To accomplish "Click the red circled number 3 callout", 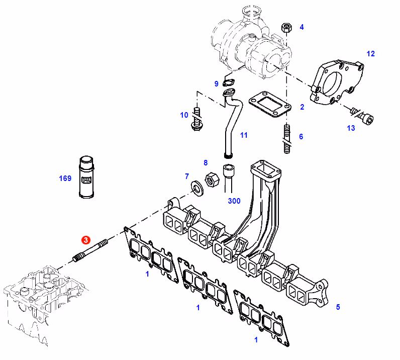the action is point(86,240).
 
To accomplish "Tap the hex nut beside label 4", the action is point(286,27).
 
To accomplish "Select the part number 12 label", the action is point(370,54).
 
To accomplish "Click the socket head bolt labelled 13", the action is point(362,117).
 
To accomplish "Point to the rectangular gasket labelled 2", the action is point(270,104).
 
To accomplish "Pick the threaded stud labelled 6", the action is point(287,139).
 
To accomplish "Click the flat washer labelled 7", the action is point(197,188).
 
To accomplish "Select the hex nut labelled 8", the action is point(212,179).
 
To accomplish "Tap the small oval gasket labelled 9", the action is point(229,83).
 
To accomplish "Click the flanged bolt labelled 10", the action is point(196,119).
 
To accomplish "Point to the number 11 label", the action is point(244,135).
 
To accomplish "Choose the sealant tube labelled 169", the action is point(86,176).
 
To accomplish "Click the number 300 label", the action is point(234,201).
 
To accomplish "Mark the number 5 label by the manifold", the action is point(338,307).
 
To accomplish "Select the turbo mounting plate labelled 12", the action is point(337,82).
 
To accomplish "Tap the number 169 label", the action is point(65,178).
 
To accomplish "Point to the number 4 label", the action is point(302,27).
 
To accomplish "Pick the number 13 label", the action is point(351,128).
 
